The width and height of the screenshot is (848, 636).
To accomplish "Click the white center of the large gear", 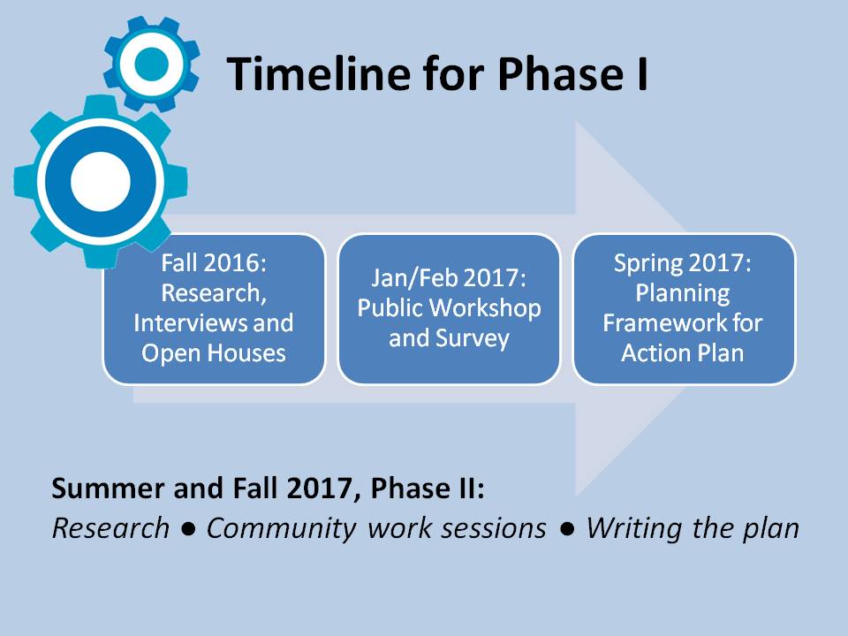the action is (x=101, y=181).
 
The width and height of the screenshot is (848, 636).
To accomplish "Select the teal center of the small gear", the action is (x=151, y=64).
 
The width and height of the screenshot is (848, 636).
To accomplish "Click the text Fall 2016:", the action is (x=214, y=263).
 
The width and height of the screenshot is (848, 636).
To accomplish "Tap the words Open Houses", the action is (x=214, y=353).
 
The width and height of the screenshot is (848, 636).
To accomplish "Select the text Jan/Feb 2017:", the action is (x=449, y=278).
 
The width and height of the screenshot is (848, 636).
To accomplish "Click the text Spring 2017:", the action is (x=683, y=263).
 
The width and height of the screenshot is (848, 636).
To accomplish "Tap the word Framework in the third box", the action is (x=664, y=323).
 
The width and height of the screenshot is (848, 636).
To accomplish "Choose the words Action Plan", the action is (x=683, y=353).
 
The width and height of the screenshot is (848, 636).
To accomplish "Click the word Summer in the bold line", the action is (x=110, y=488).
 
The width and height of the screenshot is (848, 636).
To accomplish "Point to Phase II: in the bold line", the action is (x=428, y=488).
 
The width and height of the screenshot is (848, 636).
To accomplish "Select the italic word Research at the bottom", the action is (x=110, y=528).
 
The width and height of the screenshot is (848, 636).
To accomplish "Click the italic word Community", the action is (x=281, y=529).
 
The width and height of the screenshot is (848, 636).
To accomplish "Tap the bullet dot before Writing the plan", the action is (x=567, y=530).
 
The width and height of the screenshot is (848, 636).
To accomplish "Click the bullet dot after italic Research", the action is (x=188, y=530).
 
